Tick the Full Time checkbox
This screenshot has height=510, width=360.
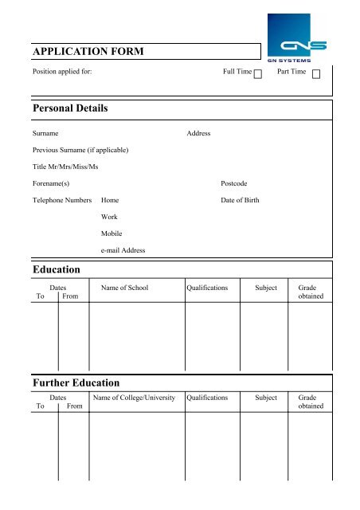click(x=258, y=74)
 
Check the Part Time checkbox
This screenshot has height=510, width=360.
click(x=316, y=74)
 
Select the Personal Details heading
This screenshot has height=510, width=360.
click(x=69, y=108)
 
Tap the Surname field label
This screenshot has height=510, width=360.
click(x=45, y=133)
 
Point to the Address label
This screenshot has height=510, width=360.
click(x=198, y=133)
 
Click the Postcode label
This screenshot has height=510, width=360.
click(x=235, y=183)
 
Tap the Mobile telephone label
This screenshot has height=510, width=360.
click(x=112, y=233)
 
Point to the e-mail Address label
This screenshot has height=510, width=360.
click(x=123, y=250)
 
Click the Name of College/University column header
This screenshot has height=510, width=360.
click(x=135, y=395)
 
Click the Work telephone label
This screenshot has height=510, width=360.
click(x=109, y=217)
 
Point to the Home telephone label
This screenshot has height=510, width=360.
click(x=110, y=200)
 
